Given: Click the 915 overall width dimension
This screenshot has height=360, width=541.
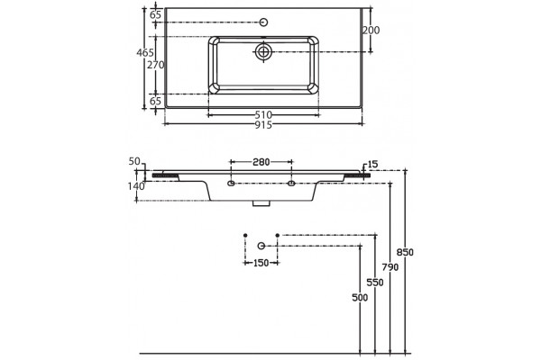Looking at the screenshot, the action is pyautogui.click(x=263, y=125).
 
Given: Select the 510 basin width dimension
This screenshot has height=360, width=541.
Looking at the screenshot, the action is pyautogui.click(x=263, y=114).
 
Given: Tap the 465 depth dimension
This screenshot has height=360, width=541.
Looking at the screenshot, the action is pyautogui.click(x=145, y=53).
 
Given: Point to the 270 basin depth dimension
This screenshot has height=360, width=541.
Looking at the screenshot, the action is pyautogui.click(x=156, y=65).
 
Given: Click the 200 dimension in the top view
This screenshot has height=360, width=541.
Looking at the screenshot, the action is pyautogui.click(x=371, y=31).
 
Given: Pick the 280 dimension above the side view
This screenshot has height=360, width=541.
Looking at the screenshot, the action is pyautogui.click(x=261, y=162).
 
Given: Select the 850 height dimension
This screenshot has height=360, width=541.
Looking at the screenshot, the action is pyautogui.click(x=405, y=252).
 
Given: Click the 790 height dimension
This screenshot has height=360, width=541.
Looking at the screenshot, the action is pyautogui.click(x=390, y=267).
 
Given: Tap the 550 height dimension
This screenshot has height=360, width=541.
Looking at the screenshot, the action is pyautogui.click(x=375, y=283).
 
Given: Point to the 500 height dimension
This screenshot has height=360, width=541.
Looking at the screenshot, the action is pyautogui.click(x=360, y=297).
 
